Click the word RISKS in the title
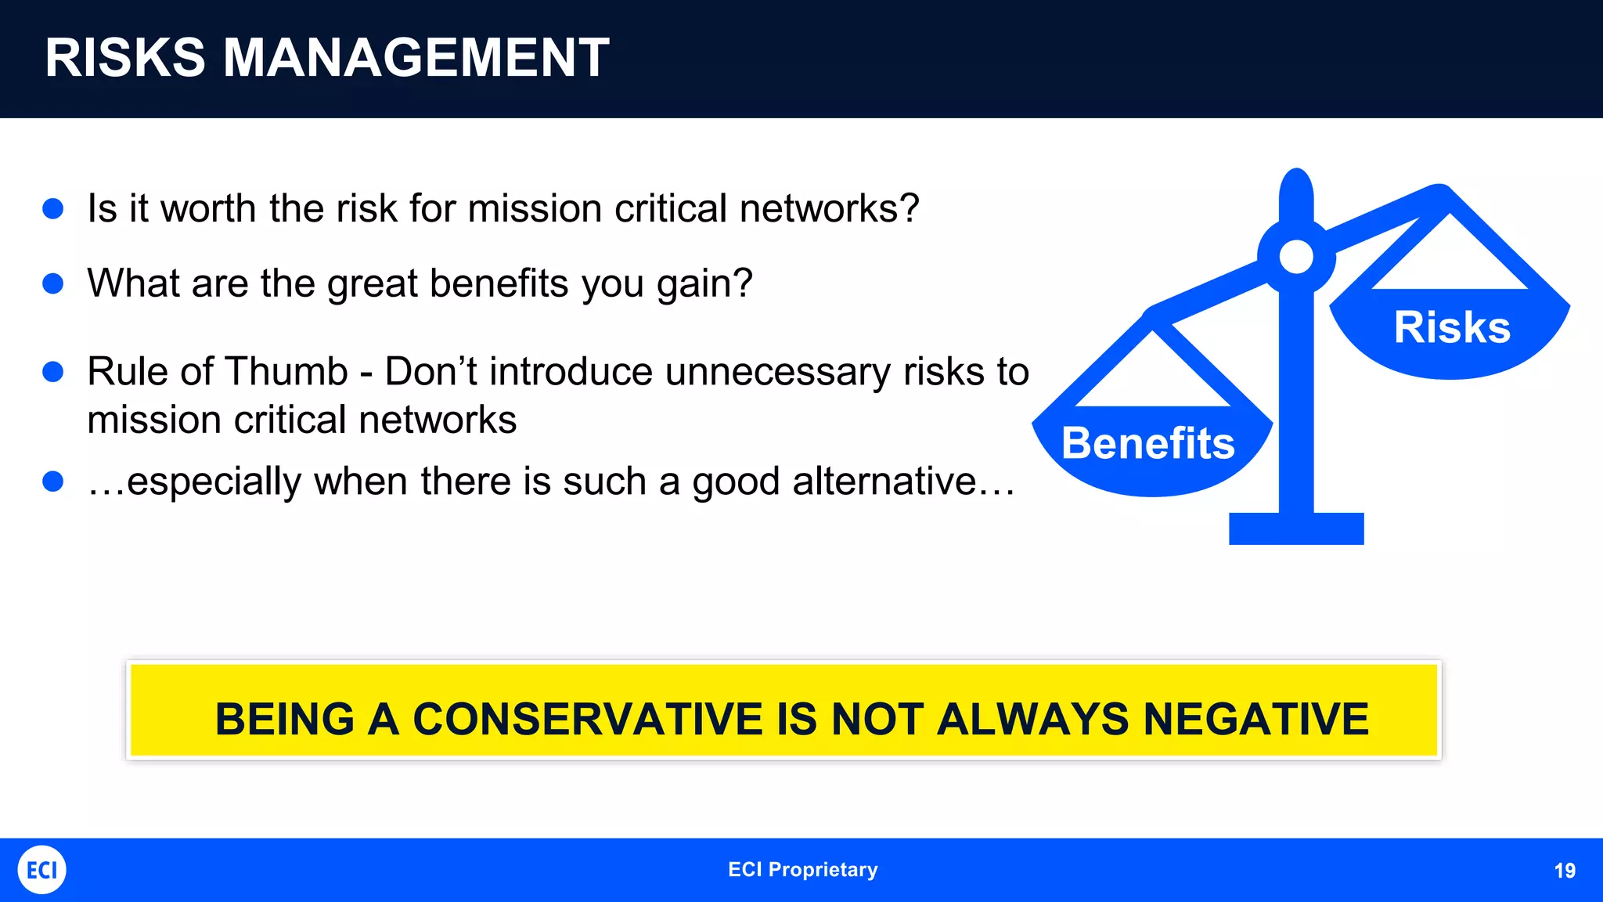point(125,58)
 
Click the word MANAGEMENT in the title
point(416,58)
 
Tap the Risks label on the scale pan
point(1452,327)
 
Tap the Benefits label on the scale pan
point(1147,443)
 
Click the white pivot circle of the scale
point(1296,257)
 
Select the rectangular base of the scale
point(1296,529)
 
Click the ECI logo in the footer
point(41,870)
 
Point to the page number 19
point(1564,871)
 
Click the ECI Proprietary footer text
point(802,870)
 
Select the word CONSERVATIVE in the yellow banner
point(587,719)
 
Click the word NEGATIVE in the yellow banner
point(1255,719)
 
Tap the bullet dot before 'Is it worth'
point(53,208)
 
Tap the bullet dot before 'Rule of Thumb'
point(53,371)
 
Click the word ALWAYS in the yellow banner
point(1032,719)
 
